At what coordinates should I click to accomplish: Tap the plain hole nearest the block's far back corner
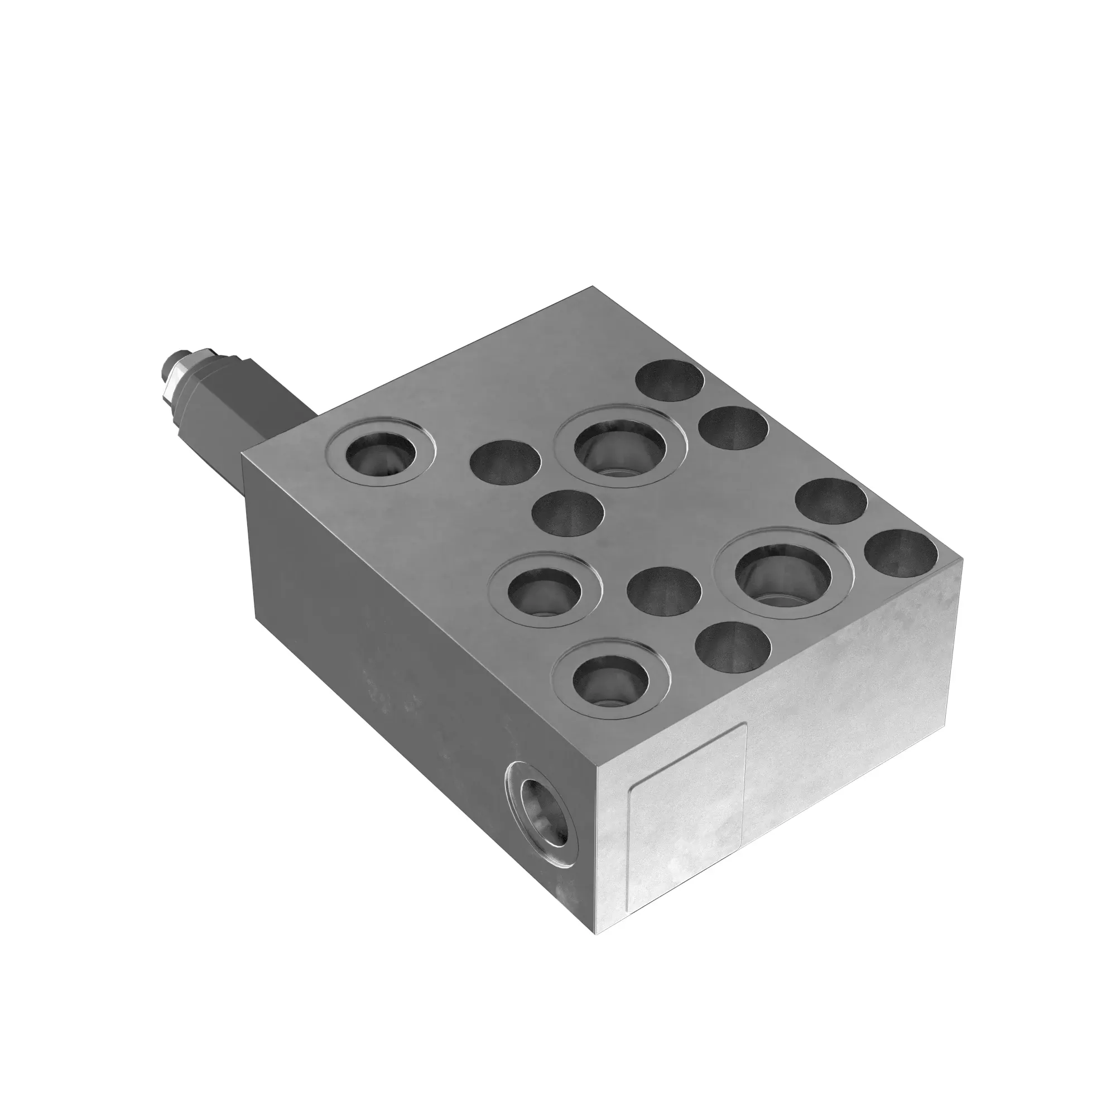(x=670, y=381)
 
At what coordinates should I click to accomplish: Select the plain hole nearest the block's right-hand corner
(x=901, y=554)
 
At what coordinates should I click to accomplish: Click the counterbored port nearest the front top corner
(x=610, y=679)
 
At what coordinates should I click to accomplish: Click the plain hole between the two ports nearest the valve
(x=506, y=461)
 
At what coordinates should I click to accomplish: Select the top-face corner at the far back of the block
(x=593, y=287)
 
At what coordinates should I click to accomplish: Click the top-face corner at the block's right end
(x=963, y=559)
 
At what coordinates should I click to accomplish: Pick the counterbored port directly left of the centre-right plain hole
(x=545, y=589)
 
